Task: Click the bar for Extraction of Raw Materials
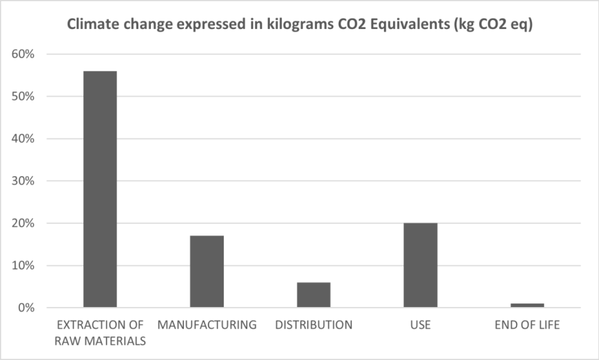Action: pos(100,189)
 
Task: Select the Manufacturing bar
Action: pos(207,272)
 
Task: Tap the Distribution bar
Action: pos(313,295)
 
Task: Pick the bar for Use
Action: pos(420,265)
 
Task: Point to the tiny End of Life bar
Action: pos(527,306)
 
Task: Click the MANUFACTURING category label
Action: pos(207,325)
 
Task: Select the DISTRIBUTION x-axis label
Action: pos(313,325)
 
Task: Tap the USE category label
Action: pos(420,325)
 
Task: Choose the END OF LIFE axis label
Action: pos(527,325)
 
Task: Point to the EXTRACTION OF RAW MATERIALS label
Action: pos(100,332)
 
